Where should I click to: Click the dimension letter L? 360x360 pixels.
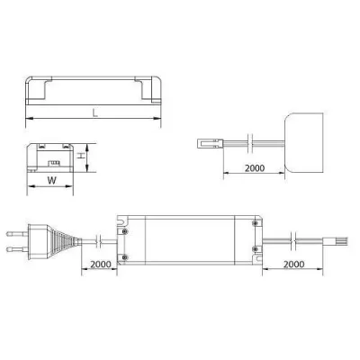click(95, 113)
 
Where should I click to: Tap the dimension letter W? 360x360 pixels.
click(51, 181)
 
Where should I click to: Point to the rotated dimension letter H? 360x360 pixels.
click(81, 156)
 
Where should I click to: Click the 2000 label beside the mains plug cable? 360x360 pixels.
click(101, 265)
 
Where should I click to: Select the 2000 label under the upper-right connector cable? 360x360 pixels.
click(255, 168)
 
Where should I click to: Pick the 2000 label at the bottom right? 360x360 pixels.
click(294, 265)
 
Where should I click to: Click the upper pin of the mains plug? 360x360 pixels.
click(17, 233)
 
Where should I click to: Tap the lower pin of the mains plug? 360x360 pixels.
click(17, 248)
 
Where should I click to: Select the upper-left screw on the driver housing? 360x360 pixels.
click(125, 231)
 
